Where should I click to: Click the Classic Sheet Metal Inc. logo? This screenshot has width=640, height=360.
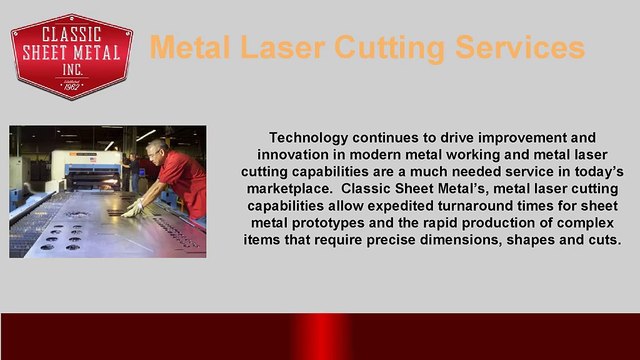click(71, 57)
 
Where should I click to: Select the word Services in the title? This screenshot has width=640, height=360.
click(516, 46)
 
